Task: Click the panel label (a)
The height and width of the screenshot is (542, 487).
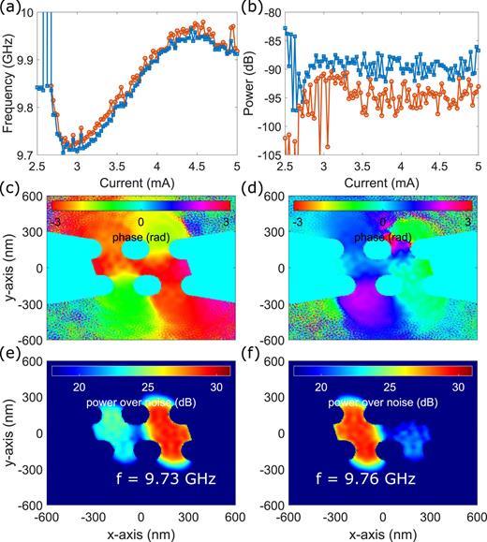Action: [x=12, y=8]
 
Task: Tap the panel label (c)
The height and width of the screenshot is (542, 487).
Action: [x=12, y=192]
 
